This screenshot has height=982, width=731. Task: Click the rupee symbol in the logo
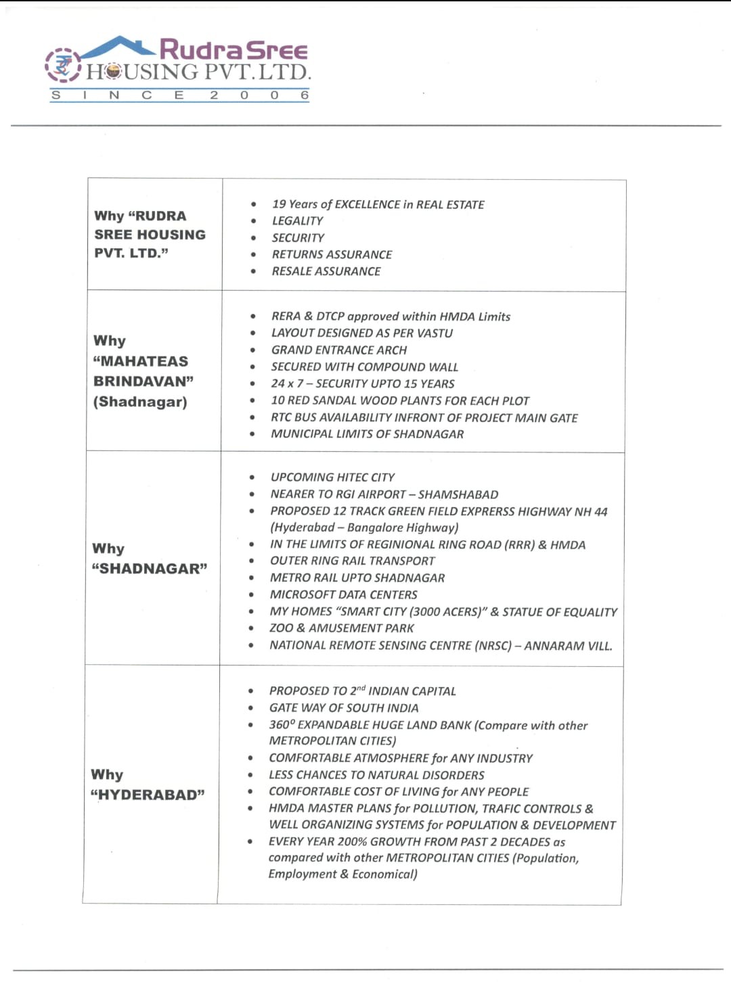point(63,66)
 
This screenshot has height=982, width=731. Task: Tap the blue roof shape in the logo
point(118,46)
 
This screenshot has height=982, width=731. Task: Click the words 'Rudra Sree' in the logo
point(234,49)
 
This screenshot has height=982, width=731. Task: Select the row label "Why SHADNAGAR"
point(149,559)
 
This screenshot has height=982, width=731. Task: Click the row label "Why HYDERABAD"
point(147,785)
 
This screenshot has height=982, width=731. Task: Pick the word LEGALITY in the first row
point(297,221)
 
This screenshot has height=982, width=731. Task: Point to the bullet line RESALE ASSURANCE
point(326,271)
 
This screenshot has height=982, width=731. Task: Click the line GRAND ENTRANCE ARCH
point(338,350)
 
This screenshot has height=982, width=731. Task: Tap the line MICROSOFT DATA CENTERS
point(343,595)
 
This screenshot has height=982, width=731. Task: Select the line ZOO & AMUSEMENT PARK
point(341,628)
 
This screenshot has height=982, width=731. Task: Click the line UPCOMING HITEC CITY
point(332,477)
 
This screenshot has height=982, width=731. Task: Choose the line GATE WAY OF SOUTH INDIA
point(343,708)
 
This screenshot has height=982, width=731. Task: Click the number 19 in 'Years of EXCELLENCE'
point(279,204)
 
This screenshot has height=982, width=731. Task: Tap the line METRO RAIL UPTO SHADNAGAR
point(357,578)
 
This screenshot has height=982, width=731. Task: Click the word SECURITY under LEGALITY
point(298,238)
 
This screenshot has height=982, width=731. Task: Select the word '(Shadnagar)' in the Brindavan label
point(140,402)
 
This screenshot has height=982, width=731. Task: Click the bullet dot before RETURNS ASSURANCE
point(253,255)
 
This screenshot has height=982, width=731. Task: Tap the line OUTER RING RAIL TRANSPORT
point(352,561)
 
